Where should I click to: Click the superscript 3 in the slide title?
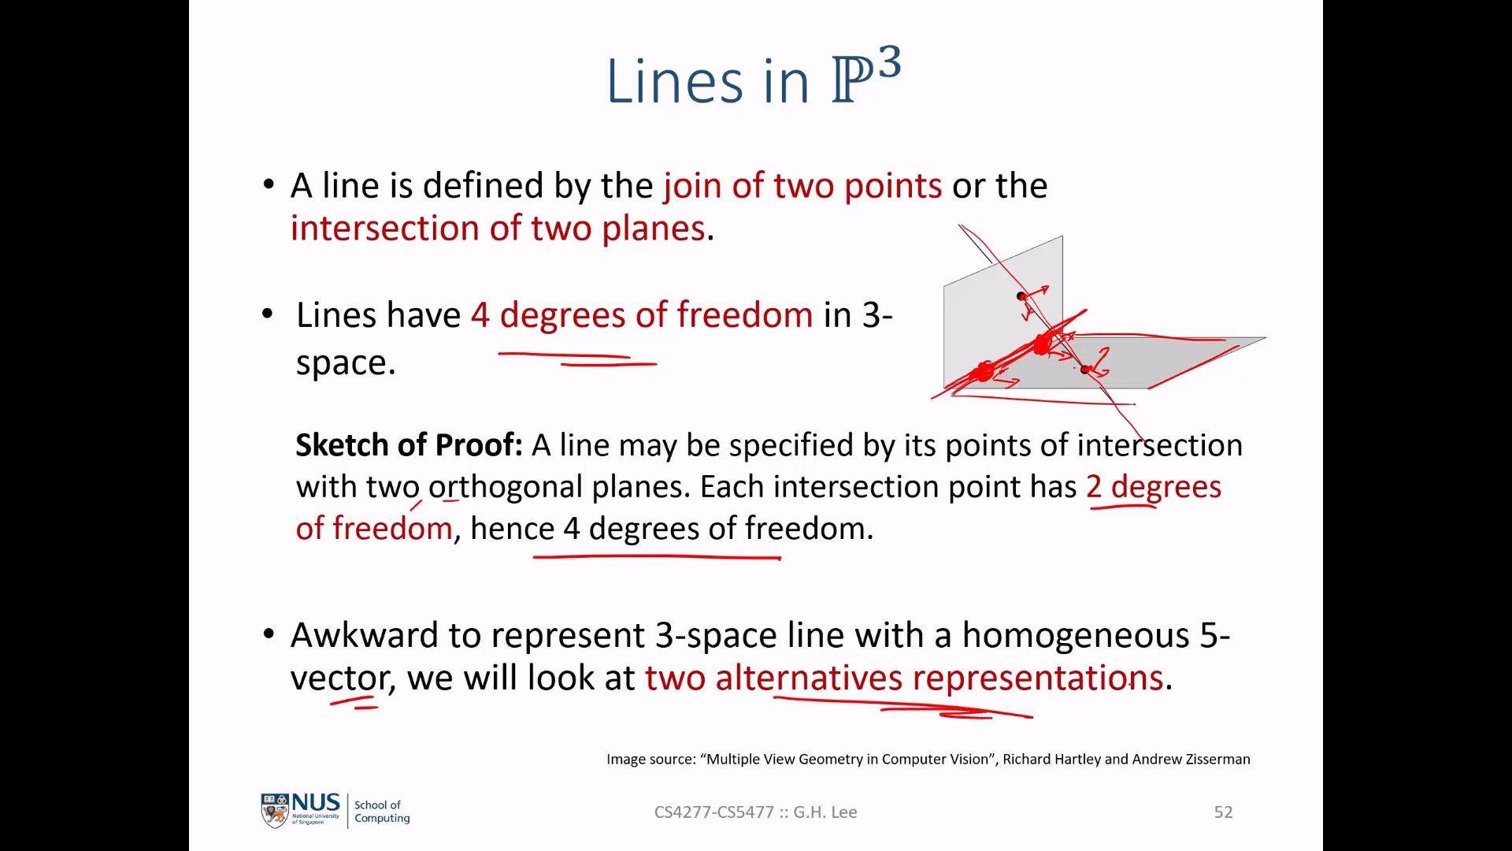[889, 62]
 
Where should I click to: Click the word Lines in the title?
[674, 81]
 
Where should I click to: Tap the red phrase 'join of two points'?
[802, 186]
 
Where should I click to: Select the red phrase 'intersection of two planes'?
[498, 229]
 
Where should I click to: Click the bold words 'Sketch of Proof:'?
[409, 445]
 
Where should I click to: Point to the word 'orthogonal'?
[506, 487]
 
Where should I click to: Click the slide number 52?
[1223, 812]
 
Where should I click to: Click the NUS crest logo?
[275, 811]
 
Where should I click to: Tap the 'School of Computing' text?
[382, 812]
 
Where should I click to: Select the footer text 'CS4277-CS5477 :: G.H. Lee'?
[756, 812]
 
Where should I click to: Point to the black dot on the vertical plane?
[1021, 296]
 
